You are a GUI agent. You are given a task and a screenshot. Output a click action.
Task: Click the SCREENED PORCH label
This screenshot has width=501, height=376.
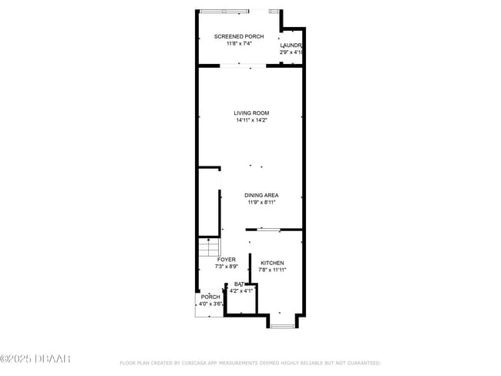[x=239, y=37]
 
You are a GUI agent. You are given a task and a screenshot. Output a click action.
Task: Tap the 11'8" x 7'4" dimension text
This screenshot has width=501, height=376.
[x=239, y=44]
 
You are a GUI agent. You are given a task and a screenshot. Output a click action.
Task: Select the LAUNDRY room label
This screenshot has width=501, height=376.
[x=291, y=45]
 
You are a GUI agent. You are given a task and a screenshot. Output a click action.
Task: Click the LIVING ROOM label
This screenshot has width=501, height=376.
[x=251, y=113]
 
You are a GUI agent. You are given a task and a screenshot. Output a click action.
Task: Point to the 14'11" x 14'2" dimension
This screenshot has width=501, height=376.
[x=251, y=120]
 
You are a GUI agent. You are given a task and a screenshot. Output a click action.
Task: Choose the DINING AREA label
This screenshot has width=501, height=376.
[x=262, y=196]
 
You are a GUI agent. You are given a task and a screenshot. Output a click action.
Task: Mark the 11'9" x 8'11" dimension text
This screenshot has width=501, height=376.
[x=262, y=203]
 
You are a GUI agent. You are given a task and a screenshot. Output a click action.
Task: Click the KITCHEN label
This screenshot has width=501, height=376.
[x=272, y=263]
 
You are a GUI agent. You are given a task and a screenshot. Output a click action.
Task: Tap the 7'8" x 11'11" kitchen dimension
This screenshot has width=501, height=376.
[x=272, y=270]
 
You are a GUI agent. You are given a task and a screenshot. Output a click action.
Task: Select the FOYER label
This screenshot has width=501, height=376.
[x=226, y=260]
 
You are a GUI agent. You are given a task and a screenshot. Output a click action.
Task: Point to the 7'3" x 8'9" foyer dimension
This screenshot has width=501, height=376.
[x=226, y=267]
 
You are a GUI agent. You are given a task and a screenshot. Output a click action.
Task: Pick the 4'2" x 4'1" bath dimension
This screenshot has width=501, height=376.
[x=241, y=291]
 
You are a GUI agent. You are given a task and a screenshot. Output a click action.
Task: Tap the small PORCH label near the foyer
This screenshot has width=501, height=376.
[x=210, y=297]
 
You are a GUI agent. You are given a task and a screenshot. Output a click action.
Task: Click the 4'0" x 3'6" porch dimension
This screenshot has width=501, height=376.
[x=210, y=304]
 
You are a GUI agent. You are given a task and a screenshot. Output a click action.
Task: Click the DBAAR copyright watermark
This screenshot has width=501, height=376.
[x=35, y=359]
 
